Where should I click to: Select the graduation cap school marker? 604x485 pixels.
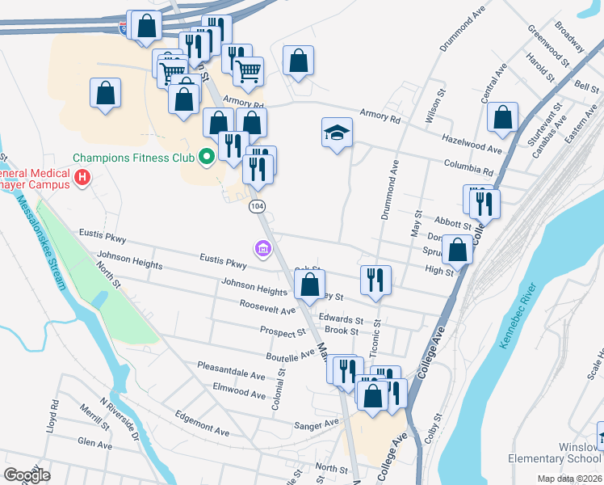tap(337, 133)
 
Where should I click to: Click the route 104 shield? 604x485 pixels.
tap(257, 207)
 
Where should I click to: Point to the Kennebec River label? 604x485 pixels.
tap(518, 316)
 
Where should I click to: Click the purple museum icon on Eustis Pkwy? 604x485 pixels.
tap(263, 249)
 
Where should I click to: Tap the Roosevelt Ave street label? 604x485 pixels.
tap(266, 308)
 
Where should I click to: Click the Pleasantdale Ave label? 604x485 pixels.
tap(231, 375)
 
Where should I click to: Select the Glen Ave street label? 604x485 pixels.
tap(94, 443)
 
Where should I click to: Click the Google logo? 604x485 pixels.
tap(27, 475)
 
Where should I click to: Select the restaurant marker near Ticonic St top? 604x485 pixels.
tap(375, 280)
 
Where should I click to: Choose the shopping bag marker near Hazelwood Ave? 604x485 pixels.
tap(502, 117)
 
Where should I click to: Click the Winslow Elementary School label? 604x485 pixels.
tap(556, 453)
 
